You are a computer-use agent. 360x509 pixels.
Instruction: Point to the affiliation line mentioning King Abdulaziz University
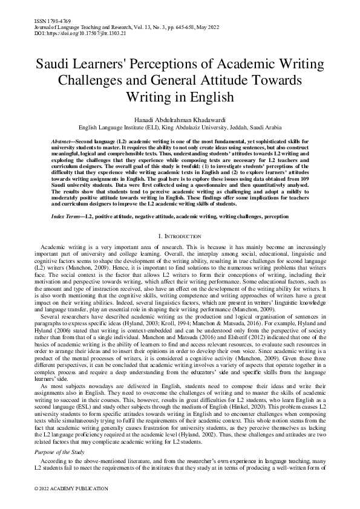tap(180, 128)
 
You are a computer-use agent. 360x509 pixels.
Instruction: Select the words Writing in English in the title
tap(180, 96)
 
